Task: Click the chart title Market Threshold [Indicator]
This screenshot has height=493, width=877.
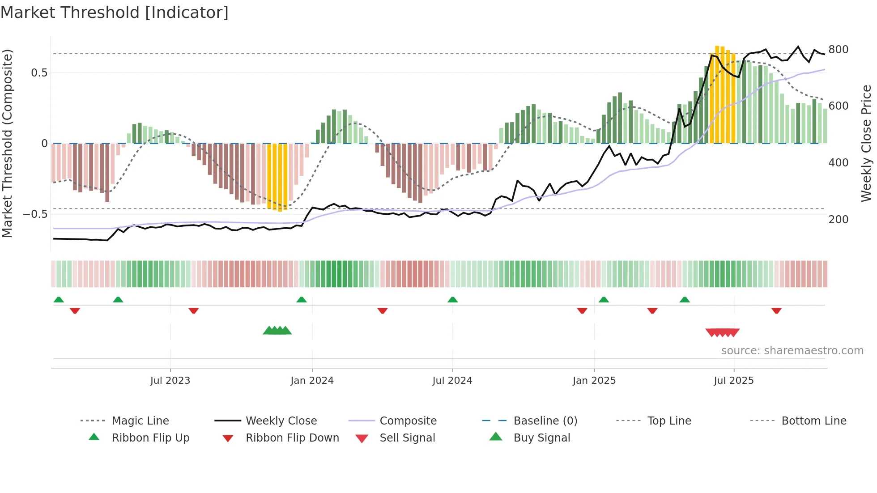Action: [115, 13]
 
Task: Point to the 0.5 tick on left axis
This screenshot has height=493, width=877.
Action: [39, 73]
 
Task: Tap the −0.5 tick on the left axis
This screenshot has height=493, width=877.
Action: [35, 214]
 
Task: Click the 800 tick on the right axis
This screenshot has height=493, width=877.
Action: [838, 50]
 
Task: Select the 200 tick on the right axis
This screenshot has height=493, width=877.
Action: [838, 220]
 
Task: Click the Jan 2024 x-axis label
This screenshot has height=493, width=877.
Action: [312, 381]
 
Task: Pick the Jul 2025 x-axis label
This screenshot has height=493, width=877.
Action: [733, 381]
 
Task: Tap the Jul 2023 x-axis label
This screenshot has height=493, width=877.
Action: [170, 381]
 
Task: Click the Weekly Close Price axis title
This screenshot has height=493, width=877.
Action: [866, 143]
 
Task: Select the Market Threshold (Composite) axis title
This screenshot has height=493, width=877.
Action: [7, 143]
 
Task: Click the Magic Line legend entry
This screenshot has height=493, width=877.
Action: [140, 421]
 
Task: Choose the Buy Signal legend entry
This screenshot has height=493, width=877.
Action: [541, 438]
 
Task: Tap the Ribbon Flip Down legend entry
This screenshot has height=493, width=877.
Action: [292, 438]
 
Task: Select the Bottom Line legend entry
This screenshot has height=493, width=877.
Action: [813, 421]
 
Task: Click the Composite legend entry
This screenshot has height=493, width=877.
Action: [408, 421]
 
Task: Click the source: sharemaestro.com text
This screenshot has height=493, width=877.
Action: [792, 351]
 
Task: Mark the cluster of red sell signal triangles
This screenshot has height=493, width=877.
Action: [722, 332]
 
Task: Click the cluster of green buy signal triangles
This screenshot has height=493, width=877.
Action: [277, 331]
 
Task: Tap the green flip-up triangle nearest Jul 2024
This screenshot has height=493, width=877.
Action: [452, 300]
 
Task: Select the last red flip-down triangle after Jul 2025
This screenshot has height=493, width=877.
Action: [776, 310]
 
